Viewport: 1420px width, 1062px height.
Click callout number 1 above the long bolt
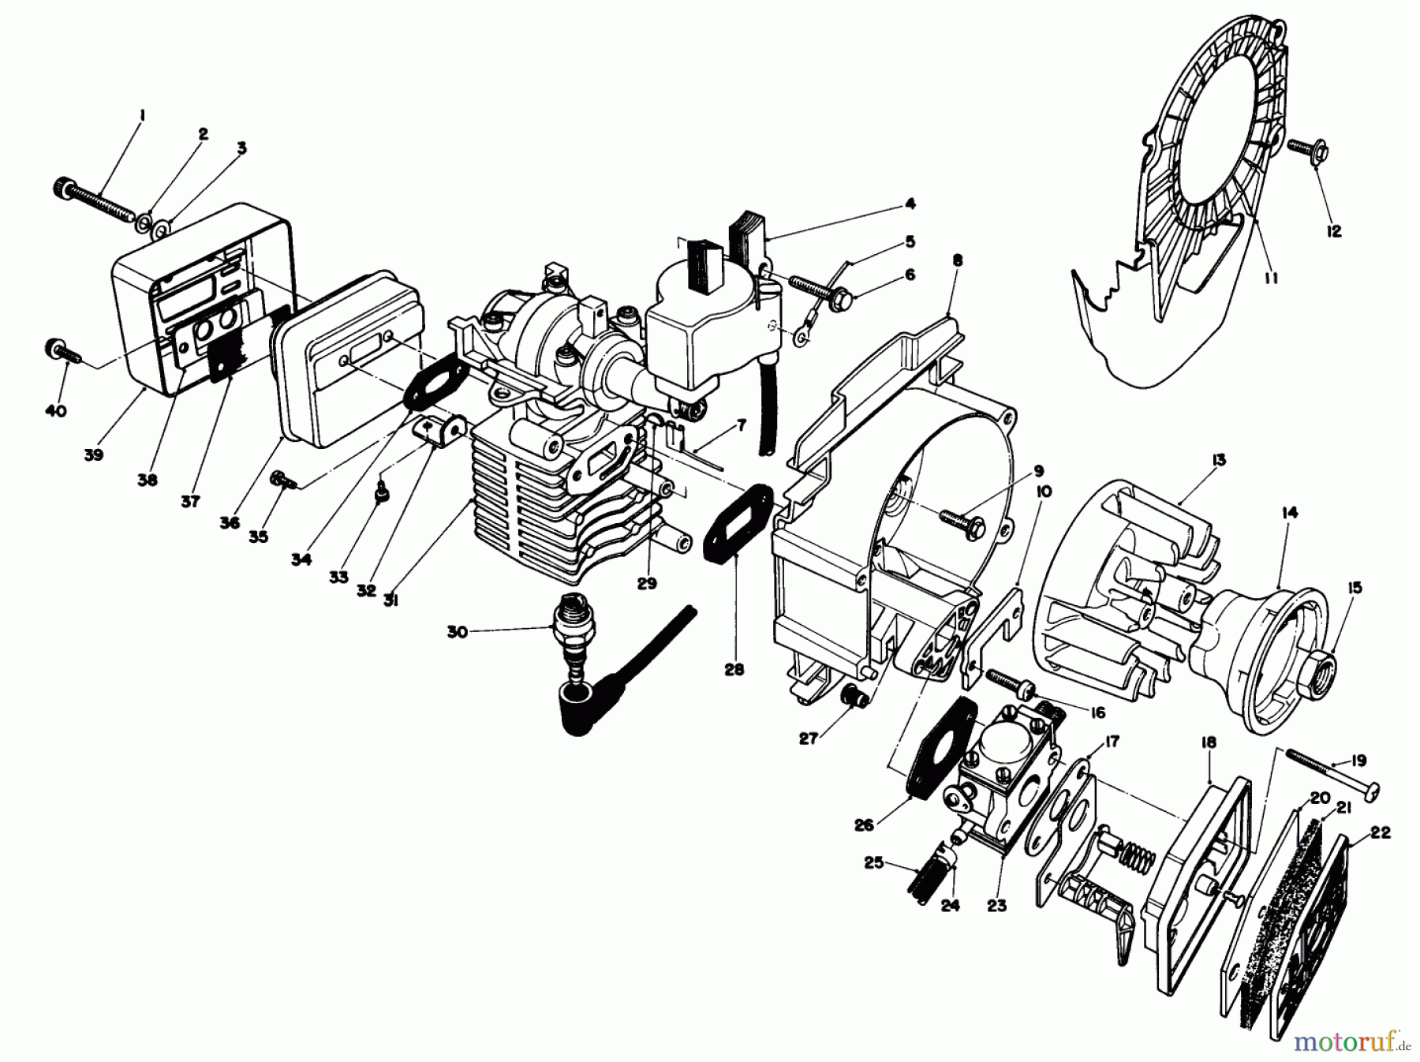tap(142, 116)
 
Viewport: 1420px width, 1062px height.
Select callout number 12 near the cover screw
tap(1334, 232)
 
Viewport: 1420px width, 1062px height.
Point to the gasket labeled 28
tap(734, 522)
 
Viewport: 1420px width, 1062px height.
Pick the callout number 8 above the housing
tap(958, 260)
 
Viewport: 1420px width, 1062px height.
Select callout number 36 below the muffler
tap(230, 522)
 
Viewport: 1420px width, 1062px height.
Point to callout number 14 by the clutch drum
tap(1289, 513)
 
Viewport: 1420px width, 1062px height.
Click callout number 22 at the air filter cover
tap(1381, 832)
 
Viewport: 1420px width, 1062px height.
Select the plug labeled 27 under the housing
tap(854, 697)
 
